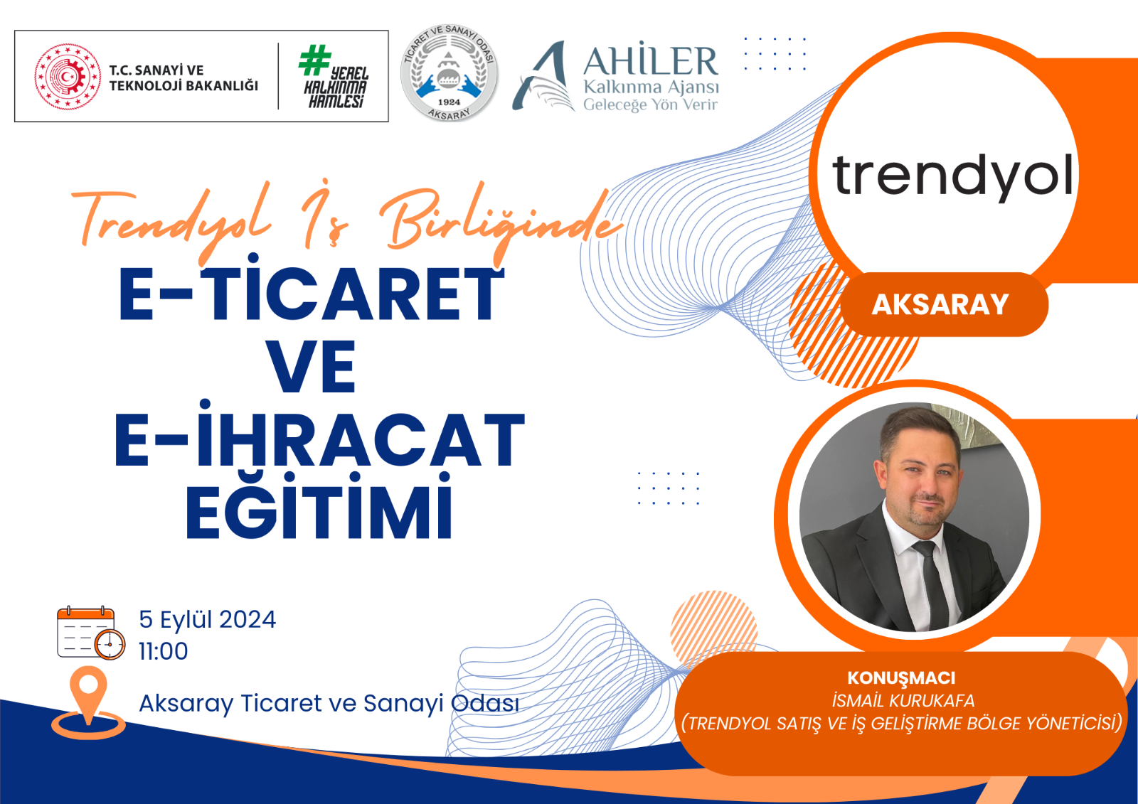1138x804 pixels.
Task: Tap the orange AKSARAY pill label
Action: (944, 304)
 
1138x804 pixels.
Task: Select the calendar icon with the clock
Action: (91, 633)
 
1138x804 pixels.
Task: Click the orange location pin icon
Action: (88, 702)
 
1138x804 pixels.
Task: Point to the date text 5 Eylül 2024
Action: (207, 620)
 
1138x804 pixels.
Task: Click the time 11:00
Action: (163, 652)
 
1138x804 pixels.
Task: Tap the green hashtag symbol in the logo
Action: (314, 60)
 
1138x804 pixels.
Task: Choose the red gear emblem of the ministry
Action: (68, 76)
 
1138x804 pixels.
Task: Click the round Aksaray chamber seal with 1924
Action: (449, 73)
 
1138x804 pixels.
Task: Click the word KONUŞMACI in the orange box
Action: (900, 678)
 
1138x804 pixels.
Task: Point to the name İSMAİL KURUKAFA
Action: (903, 701)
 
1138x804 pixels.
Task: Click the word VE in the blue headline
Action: (311, 368)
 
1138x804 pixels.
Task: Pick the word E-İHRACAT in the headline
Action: (319, 434)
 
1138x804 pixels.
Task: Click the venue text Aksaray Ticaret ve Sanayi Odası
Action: (329, 704)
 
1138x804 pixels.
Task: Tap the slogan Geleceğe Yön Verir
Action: (650, 104)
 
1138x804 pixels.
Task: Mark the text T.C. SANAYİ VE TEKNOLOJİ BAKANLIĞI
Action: (184, 77)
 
